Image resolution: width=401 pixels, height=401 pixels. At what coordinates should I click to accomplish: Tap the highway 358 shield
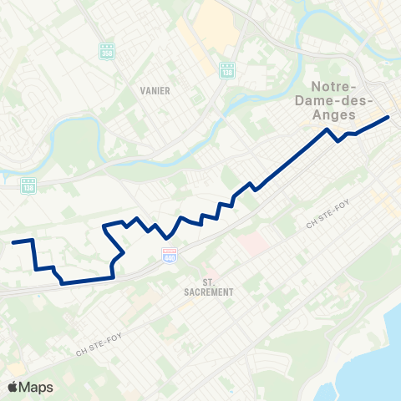point(106,50)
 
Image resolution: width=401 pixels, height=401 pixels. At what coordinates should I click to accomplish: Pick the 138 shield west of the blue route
point(28,185)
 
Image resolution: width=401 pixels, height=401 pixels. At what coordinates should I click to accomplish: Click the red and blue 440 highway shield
point(170,254)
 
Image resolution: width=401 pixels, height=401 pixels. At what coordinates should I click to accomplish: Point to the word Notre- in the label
point(333,87)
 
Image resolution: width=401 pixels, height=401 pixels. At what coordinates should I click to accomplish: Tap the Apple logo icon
point(13,387)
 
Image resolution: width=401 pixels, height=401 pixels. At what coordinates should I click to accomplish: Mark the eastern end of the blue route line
point(388,117)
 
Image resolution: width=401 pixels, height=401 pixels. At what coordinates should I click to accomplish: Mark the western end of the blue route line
point(13,242)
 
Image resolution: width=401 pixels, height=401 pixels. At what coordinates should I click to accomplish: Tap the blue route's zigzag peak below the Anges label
point(327,130)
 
